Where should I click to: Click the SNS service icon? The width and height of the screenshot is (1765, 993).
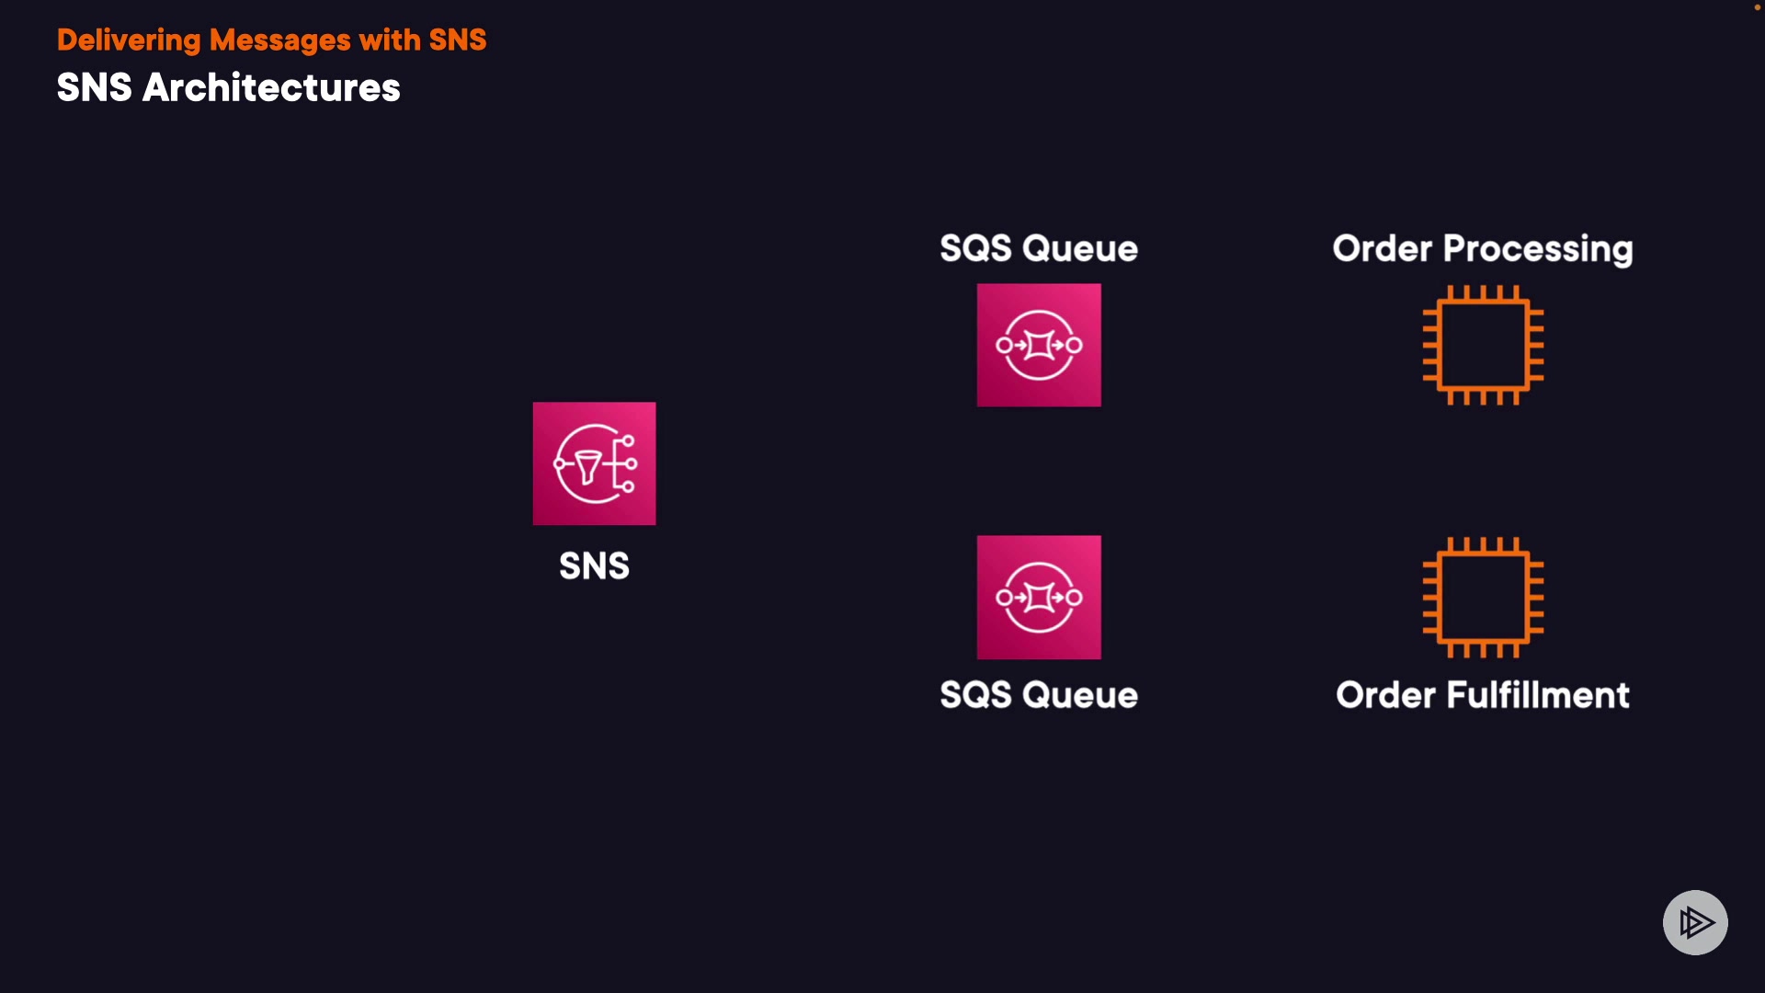pos(594,463)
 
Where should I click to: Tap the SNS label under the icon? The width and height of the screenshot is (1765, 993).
pos(594,565)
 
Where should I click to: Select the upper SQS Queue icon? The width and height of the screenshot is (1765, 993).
pos(1039,345)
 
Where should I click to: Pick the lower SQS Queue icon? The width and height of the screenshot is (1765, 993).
pos(1039,597)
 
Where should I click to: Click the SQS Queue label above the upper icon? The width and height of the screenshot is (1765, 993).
pos(1039,248)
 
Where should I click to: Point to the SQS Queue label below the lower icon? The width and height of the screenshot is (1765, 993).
pos(1039,695)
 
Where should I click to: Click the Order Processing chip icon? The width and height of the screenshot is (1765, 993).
pos(1483,345)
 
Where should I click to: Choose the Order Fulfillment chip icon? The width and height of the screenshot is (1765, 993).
pos(1483,597)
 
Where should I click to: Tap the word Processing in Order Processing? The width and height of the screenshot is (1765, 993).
pos(1538,249)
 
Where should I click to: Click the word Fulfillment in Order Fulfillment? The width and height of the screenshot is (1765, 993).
pos(1538,695)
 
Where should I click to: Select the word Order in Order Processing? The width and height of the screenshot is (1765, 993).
pos(1383,249)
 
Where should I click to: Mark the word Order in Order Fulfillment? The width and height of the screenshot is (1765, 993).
pos(1385,695)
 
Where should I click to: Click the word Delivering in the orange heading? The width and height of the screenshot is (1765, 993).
pos(129,40)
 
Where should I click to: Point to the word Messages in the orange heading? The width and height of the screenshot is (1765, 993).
pos(279,40)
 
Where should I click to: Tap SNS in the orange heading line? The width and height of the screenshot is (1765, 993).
pos(458,40)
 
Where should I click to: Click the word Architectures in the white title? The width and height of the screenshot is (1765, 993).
pos(271,88)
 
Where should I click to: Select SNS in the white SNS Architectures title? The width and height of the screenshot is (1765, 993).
pos(95,88)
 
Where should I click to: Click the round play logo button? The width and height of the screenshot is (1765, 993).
pos(1695,922)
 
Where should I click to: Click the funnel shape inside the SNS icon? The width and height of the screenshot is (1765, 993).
pos(587,466)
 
